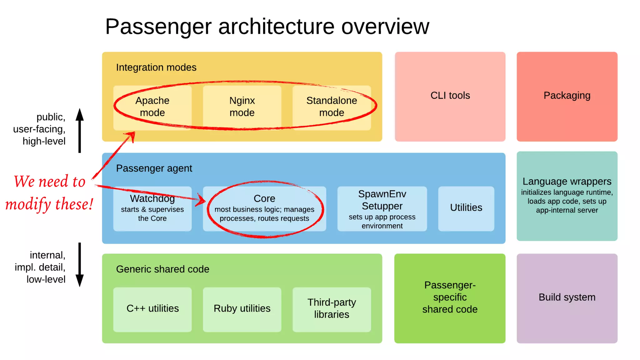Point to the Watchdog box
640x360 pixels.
pyautogui.click(x=152, y=208)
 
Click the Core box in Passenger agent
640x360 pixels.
pyautogui.click(x=264, y=208)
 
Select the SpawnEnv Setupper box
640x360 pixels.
pyautogui.click(x=382, y=208)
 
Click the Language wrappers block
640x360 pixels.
pyautogui.click(x=567, y=196)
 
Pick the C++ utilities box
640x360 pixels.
pyautogui.click(x=152, y=309)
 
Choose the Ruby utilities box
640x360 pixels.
pyautogui.click(x=242, y=309)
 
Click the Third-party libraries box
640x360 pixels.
pyautogui.click(x=332, y=309)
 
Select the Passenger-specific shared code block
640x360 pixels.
pyautogui.click(x=450, y=298)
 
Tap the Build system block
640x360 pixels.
pyautogui.click(x=567, y=298)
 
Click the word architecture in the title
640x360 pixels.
pyautogui.click(x=276, y=27)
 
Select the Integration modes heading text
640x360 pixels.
pyautogui.click(x=156, y=67)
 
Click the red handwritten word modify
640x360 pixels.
pyautogui.click(x=28, y=205)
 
